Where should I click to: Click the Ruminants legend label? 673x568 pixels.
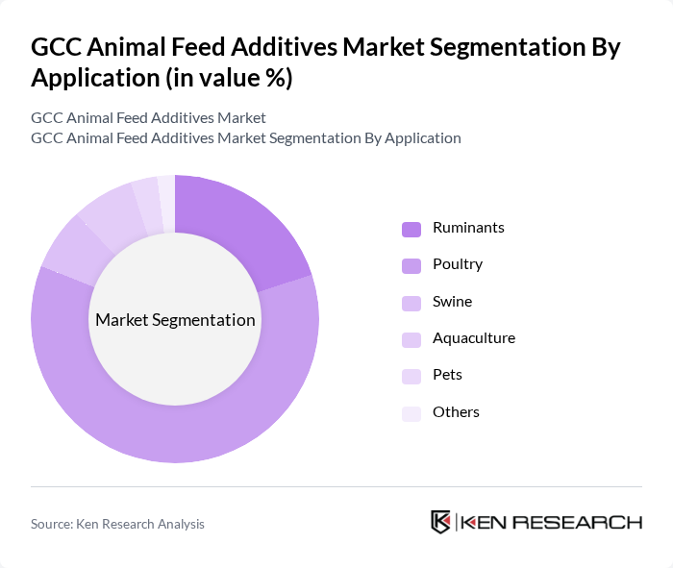point(468,228)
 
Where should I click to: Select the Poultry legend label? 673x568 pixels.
point(458,264)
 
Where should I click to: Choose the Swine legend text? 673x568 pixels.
point(452,302)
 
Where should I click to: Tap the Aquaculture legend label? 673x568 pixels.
point(474,338)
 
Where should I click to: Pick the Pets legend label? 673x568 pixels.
point(448,375)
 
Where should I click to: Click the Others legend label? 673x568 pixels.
point(456,412)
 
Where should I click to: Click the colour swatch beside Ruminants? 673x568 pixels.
point(411,229)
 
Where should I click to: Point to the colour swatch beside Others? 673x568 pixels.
point(411,413)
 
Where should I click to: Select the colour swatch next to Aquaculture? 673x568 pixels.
point(411,339)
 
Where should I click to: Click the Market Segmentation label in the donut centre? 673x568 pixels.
point(175,320)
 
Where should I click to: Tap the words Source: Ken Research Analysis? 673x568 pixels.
point(117,524)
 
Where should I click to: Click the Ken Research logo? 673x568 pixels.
point(536,522)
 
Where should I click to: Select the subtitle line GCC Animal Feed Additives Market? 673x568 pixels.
point(148,117)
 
